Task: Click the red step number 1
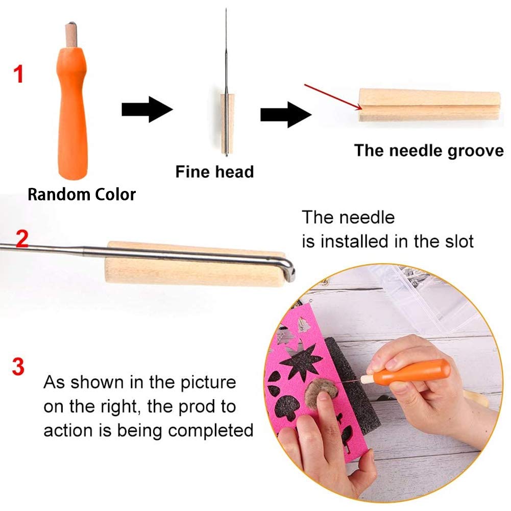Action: [x=18, y=74]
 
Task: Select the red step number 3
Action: [x=18, y=367]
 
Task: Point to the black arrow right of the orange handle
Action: [x=147, y=109]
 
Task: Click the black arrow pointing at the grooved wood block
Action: [x=286, y=114]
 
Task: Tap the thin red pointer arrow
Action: [x=333, y=97]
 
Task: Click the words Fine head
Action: [x=214, y=172]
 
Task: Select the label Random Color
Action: [x=82, y=194]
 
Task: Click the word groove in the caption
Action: [x=475, y=151]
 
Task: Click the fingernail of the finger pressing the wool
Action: [x=324, y=397]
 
